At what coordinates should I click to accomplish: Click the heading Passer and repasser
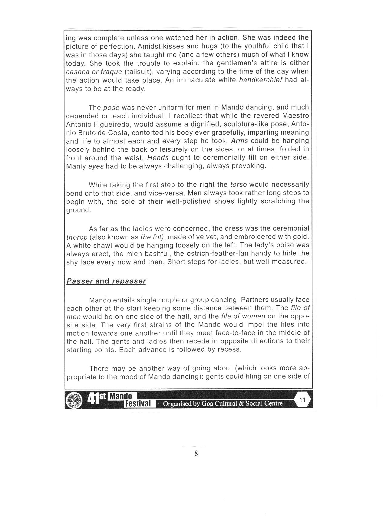point(106,281)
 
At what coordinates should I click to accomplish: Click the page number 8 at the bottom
point(196,453)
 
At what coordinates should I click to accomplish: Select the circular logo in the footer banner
point(74,400)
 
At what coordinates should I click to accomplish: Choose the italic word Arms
point(240,141)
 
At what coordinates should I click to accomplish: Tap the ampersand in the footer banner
point(242,403)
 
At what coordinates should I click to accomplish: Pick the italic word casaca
point(77,72)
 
